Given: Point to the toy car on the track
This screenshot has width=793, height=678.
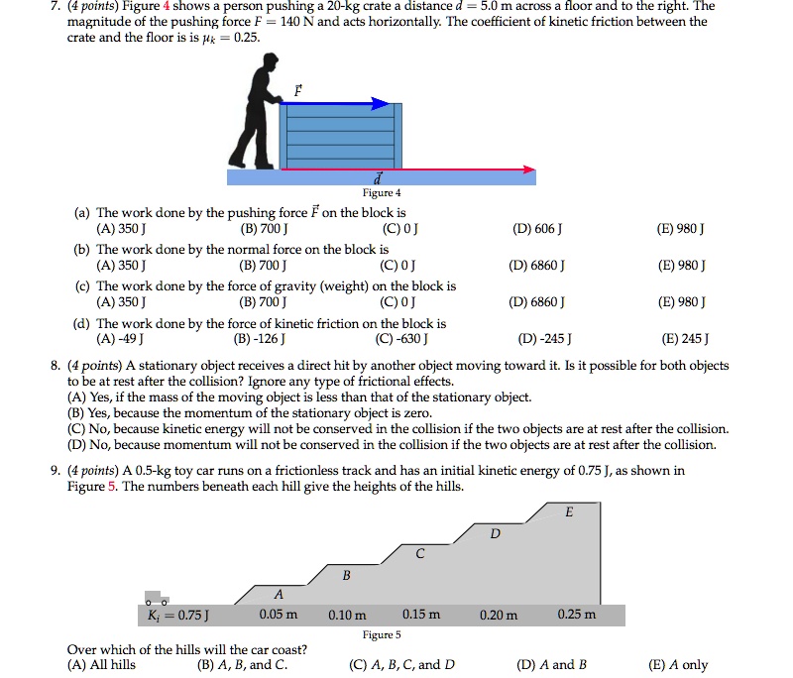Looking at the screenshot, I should pyautogui.click(x=156, y=599).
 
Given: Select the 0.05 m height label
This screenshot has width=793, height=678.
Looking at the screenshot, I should pyautogui.click(x=278, y=615).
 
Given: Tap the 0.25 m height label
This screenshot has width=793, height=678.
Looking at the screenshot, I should pyautogui.click(x=576, y=615).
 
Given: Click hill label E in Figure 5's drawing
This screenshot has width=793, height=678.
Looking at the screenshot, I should pyautogui.click(x=568, y=512).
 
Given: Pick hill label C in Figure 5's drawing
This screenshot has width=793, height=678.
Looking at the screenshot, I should pyautogui.click(x=419, y=553).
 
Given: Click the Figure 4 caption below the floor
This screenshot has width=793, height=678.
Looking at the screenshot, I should pyautogui.click(x=382, y=193).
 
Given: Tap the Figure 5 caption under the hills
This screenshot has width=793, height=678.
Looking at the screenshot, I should pyautogui.click(x=382, y=634).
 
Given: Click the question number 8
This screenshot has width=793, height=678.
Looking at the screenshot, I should pyautogui.click(x=56, y=366).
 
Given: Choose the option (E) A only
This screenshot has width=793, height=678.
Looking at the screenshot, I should pyautogui.click(x=678, y=665).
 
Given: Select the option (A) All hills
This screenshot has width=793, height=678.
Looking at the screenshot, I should pyautogui.click(x=101, y=665).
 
